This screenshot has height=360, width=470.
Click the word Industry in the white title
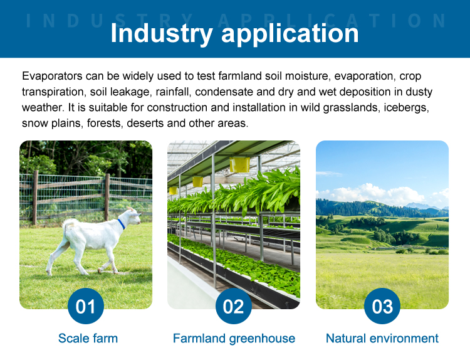162,34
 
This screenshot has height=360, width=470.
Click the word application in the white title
290,34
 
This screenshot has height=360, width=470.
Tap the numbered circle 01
86,306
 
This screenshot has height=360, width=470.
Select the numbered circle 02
234,306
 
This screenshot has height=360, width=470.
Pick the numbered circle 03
382,306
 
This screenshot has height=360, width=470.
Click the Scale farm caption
88,339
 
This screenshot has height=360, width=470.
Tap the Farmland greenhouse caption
234,339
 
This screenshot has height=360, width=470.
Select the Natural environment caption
382,339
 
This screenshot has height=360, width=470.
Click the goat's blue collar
121,224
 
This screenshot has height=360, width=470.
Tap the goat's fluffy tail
68,225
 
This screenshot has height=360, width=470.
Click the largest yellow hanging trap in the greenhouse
239,165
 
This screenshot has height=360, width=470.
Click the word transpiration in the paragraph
53,92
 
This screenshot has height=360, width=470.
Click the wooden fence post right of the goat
107,197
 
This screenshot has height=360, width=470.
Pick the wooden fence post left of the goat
35,198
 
